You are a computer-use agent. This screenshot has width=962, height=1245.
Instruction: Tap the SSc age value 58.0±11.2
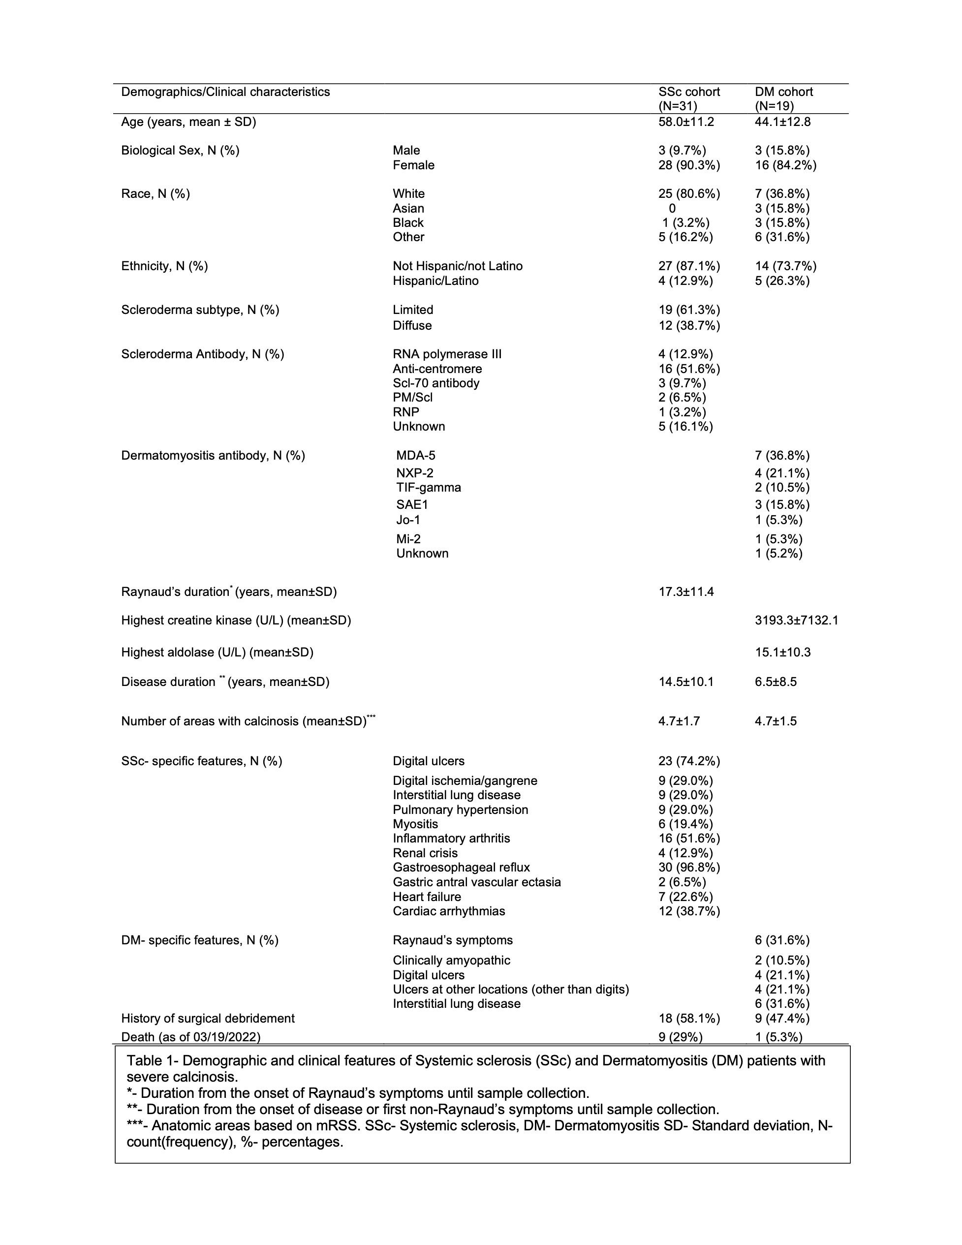pos(686,122)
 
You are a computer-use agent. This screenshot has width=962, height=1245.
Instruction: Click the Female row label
pos(413,165)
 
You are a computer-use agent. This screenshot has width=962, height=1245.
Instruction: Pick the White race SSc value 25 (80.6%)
pos(689,194)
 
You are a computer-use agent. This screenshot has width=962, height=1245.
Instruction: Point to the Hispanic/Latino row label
pos(435,281)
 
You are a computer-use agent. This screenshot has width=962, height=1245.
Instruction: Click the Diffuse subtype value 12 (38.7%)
pos(689,325)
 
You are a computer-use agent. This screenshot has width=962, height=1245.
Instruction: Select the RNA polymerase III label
pos(447,354)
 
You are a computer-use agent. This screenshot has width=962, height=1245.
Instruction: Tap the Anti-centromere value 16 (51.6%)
pos(689,369)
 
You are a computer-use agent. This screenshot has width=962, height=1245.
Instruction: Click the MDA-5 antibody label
pos(415,456)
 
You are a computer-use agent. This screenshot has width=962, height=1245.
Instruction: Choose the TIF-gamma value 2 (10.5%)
pos(782,487)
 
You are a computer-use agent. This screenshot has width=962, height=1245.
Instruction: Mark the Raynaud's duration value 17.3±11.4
pos(686,591)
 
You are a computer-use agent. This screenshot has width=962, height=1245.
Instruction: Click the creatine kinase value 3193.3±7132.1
pos(796,620)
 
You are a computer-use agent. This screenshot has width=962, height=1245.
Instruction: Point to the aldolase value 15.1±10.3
pos(782,652)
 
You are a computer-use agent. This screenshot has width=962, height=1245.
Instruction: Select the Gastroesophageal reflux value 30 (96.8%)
pos(689,868)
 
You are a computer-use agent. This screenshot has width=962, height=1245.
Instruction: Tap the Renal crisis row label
pos(425,853)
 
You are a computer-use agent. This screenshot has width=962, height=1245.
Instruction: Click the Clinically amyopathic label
pos(451,961)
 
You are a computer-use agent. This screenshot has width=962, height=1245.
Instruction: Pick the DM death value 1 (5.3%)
pos(778,1037)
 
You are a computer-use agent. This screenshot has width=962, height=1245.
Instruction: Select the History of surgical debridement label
pos(208,1019)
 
